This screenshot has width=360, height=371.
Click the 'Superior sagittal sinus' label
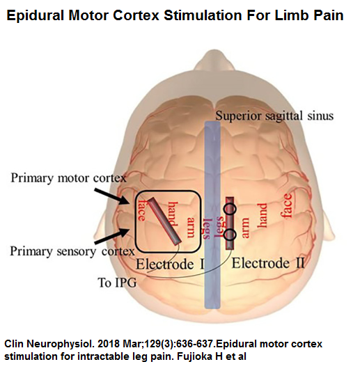click(x=274, y=116)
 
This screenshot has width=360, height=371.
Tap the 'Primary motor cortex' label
click(x=69, y=178)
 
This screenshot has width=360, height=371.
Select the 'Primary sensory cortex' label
click(x=72, y=251)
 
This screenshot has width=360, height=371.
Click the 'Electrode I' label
click(x=170, y=264)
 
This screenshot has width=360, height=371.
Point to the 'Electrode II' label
click(x=268, y=263)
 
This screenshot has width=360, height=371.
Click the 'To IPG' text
click(x=118, y=283)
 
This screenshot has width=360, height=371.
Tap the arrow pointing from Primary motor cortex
click(x=111, y=196)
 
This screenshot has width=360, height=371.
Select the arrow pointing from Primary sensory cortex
click(x=112, y=236)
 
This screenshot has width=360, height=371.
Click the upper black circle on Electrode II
click(x=230, y=209)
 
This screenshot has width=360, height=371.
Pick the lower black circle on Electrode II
click(x=230, y=235)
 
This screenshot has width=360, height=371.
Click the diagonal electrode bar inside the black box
click(x=165, y=221)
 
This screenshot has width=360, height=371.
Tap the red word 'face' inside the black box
click(x=142, y=210)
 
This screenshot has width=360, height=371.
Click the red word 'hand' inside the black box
click(x=173, y=214)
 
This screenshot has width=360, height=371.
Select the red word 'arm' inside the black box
click(x=191, y=227)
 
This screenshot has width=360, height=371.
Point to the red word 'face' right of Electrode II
click(x=286, y=205)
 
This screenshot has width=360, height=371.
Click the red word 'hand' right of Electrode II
click(x=263, y=215)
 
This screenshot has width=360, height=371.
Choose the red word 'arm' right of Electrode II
click(x=244, y=228)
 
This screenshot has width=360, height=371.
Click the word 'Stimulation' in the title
click(x=203, y=15)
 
